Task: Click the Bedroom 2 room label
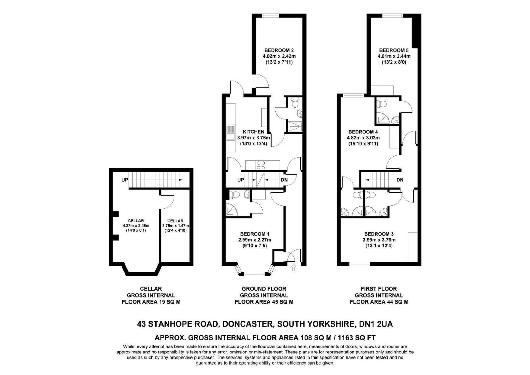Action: click(279, 50)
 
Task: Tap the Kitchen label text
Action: click(253, 132)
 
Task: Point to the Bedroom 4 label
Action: click(363, 132)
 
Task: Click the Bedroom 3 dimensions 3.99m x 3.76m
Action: click(379, 240)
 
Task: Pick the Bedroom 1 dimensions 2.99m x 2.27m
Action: click(254, 240)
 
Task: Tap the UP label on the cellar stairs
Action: click(125, 180)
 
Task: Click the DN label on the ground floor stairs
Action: click(284, 180)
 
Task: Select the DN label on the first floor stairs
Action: click(400, 180)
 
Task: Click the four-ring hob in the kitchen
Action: click(261, 165)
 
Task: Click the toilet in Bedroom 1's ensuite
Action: click(235, 194)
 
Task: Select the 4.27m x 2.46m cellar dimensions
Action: click(136, 226)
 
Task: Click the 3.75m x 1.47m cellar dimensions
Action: click(175, 226)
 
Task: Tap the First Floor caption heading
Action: click(379, 289)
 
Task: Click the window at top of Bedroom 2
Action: click(271, 16)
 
